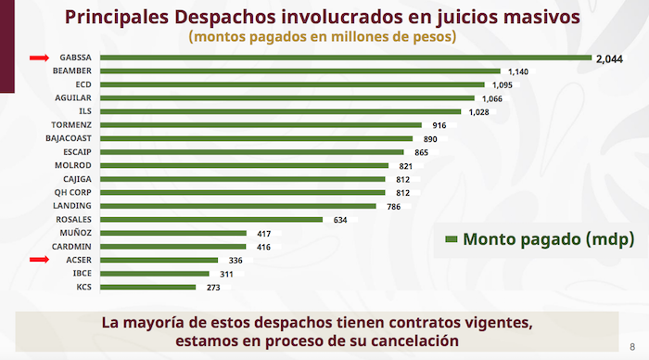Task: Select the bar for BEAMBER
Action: (x=299, y=71)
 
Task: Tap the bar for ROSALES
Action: (x=210, y=220)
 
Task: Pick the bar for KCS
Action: (x=147, y=288)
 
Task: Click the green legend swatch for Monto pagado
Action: (x=452, y=239)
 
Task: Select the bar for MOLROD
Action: (x=244, y=166)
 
